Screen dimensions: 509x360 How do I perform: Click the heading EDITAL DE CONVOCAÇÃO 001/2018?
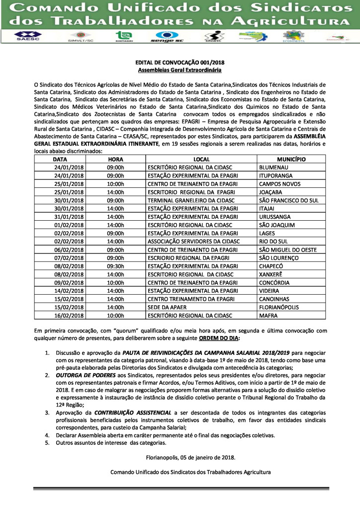(180, 63)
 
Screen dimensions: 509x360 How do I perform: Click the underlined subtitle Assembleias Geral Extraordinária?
(180, 71)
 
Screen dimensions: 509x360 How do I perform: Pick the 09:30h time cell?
(115, 265)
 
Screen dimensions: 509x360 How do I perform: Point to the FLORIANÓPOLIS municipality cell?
(281, 307)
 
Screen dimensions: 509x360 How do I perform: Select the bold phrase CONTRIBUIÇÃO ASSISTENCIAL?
(131, 413)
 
